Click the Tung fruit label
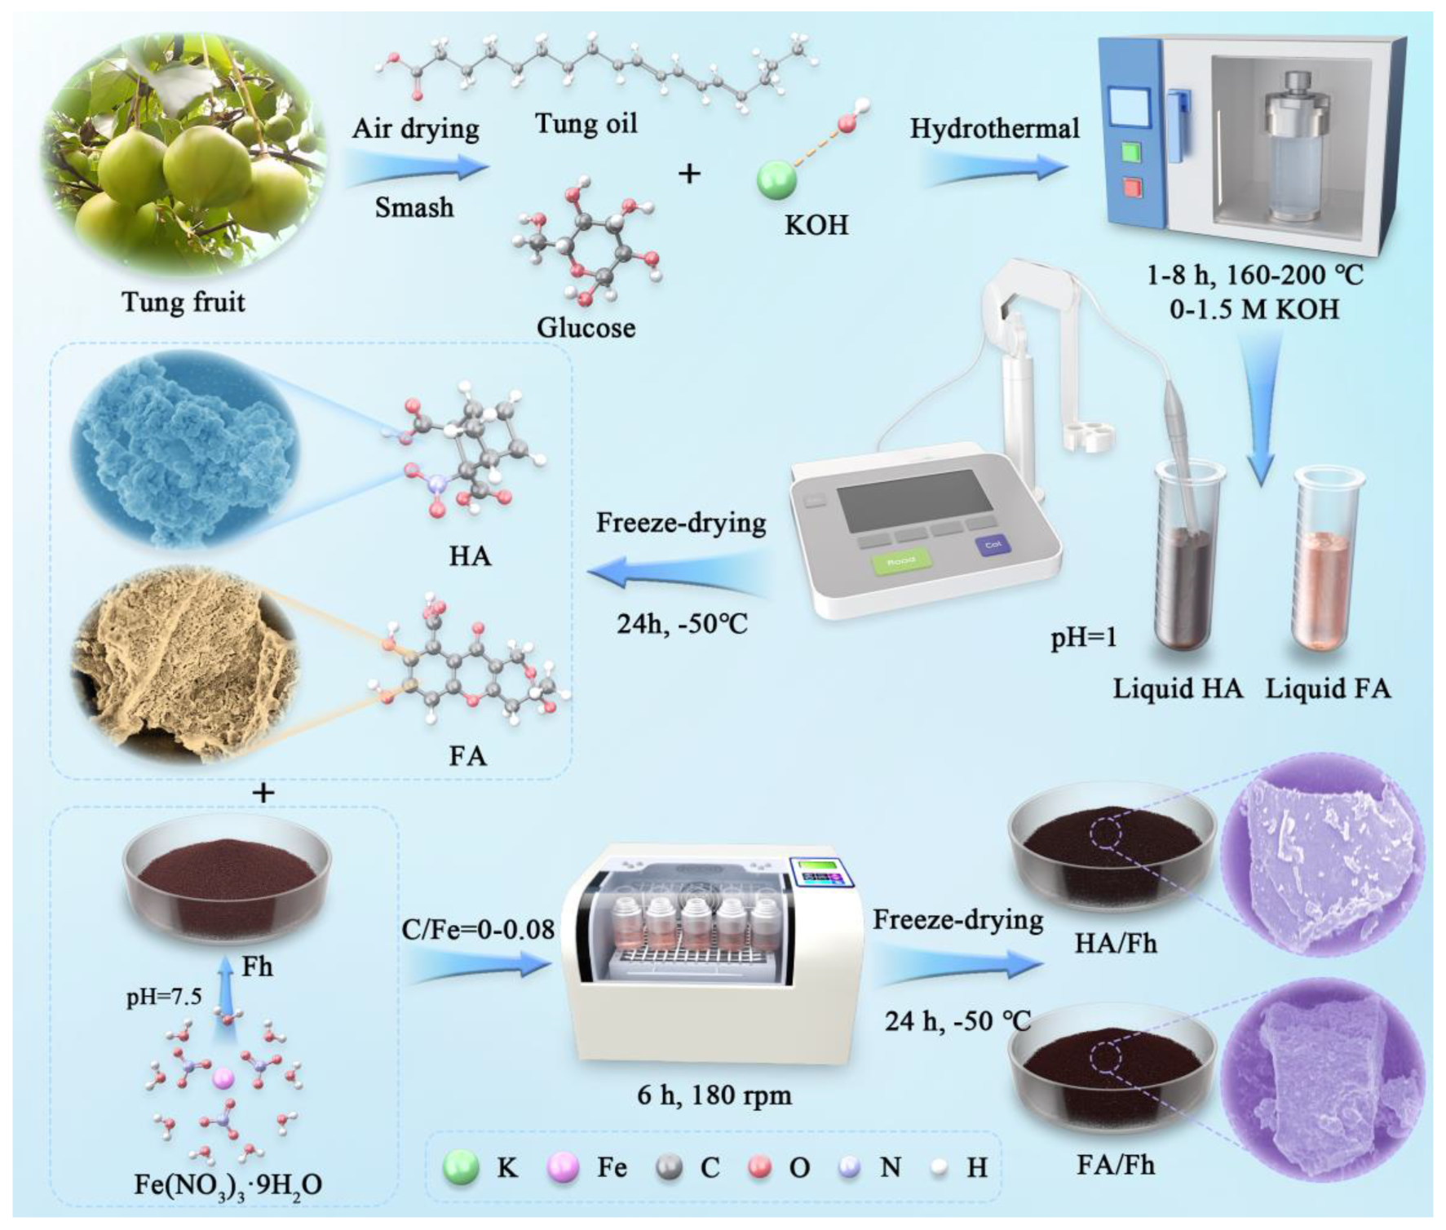pos(183,303)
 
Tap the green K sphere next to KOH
pos(776,179)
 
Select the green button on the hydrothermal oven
pos(1131,152)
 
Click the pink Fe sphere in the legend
pos(562,1167)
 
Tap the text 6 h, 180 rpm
pos(714,1095)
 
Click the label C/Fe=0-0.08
pos(477,929)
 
